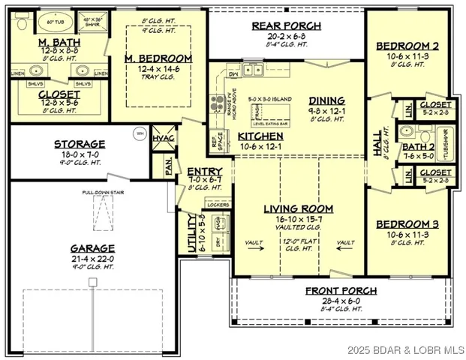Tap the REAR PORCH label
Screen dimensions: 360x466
(286, 25)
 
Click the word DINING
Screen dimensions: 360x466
(326, 100)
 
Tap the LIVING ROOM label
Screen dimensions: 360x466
(298, 208)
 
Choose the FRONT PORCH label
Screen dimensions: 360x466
(341, 291)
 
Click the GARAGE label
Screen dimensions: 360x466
(93, 248)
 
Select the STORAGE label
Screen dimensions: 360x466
(79, 144)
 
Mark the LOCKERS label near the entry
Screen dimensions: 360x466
(216, 204)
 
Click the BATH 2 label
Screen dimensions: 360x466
(419, 147)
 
